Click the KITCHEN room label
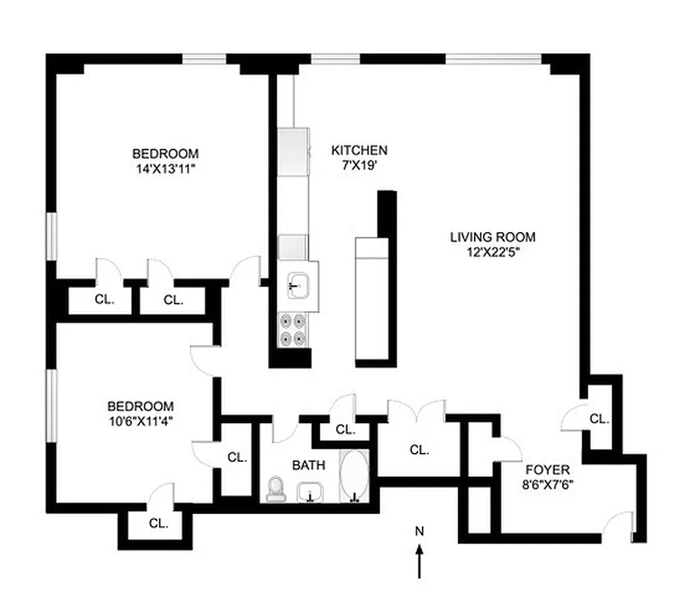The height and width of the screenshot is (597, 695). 359,150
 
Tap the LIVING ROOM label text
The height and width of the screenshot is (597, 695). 492,237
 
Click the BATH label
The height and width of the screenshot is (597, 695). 308,465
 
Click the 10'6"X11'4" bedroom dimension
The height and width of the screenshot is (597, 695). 141,420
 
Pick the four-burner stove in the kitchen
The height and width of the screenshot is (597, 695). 294,329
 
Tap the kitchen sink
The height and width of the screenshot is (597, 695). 299,285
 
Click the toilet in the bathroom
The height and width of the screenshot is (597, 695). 275,490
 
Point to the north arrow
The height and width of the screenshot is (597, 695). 420,560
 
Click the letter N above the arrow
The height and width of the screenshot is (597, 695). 420,531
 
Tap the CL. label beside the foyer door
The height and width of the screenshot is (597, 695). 599,419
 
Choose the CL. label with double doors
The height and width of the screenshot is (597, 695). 420,450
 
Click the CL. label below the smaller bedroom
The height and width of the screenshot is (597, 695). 158,523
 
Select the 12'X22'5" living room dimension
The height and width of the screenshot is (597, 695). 492,251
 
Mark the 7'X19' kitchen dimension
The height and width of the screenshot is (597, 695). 359,164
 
